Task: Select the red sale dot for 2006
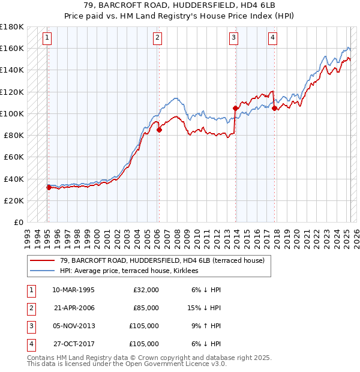160,130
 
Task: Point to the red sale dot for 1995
49,187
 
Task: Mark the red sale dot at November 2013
235,108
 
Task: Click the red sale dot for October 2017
275,108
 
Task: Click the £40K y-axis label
14,179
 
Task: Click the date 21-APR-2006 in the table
74,308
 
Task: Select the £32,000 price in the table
146,290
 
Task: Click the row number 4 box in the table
30,344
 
